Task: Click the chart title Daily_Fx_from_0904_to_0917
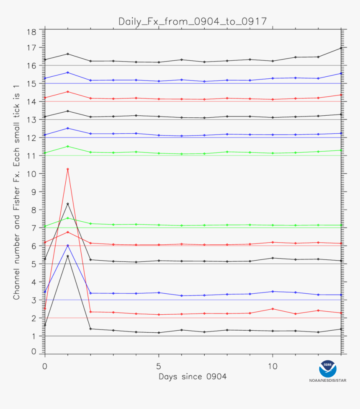(192, 21)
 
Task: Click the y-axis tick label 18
(32, 32)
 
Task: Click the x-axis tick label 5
(159, 366)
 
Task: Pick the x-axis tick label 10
(273, 366)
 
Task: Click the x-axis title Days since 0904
(193, 377)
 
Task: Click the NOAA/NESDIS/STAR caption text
(328, 381)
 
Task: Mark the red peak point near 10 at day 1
(68, 169)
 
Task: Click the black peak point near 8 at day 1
(68, 204)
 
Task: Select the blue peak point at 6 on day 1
(68, 246)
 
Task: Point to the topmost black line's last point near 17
(341, 48)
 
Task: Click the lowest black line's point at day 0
(45, 325)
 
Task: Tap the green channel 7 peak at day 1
(68, 218)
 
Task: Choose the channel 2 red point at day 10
(273, 309)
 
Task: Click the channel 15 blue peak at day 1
(68, 72)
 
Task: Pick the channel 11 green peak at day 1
(68, 146)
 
